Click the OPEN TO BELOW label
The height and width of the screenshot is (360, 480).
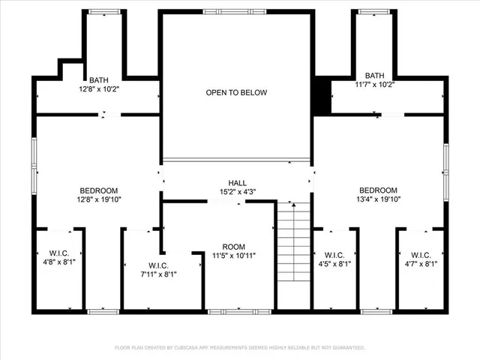coord(236,92)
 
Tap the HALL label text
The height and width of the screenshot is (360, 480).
coord(237,183)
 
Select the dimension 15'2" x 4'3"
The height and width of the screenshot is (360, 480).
coord(237,192)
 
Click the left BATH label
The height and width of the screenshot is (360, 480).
coord(99,79)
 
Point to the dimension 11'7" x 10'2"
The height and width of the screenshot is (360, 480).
coord(373,85)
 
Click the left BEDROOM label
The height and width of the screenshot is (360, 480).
coord(99,190)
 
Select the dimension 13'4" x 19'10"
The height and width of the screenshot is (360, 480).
coord(378,199)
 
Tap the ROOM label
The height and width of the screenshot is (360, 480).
coord(233,247)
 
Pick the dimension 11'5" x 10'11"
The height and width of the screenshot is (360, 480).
coord(233,256)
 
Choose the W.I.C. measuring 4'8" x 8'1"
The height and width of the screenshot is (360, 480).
coord(58,258)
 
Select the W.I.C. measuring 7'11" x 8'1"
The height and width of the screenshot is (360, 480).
coord(157,270)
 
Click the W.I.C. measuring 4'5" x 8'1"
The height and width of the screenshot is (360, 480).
coord(334,259)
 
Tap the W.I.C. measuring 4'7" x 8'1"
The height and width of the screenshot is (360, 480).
coord(420,259)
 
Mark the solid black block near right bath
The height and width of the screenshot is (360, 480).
coord(322,96)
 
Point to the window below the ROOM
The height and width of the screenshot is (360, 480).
coord(230,310)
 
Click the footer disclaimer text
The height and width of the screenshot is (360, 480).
coord(239,348)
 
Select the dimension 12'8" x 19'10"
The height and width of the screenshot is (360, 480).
coord(99,199)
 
